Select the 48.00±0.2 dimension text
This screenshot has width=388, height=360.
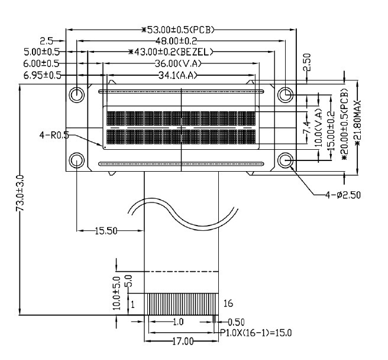click(177, 41)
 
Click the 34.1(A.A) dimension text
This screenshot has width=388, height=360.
click(177, 75)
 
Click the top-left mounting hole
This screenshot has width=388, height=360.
click(77, 95)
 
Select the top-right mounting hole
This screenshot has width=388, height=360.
click(286, 94)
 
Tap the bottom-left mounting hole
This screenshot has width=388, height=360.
click(77, 159)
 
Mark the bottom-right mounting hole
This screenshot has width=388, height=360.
click(286, 159)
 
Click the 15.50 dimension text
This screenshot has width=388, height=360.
click(107, 231)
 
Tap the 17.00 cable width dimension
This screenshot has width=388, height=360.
click(183, 342)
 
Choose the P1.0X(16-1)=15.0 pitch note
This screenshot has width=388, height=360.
click(256, 332)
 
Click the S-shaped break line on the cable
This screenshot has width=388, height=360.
click(177, 214)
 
